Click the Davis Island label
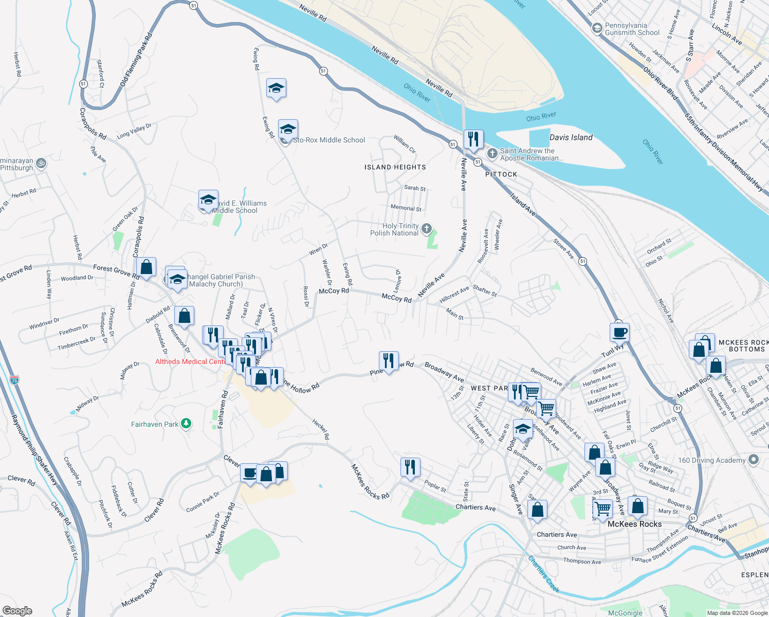pos(571,137)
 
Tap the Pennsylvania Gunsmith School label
pos(632,29)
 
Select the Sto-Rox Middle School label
pos(329,140)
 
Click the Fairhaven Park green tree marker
pos(186,424)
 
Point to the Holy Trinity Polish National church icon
pos(426,229)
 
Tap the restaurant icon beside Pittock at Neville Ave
pos(473,139)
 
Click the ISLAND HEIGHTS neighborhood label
pos(395,167)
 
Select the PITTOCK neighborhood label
pos(501,174)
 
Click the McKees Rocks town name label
pos(634,524)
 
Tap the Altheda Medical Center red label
pos(190,361)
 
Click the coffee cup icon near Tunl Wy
pos(619,332)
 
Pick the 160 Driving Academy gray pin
pos(754,460)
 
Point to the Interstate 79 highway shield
pos(14,380)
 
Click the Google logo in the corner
pos(17,610)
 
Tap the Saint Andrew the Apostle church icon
pos(492,153)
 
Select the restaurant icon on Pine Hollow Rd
pos(389,361)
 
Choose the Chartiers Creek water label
pos(543,574)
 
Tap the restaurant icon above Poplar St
pos(410,467)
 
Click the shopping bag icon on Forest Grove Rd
pos(146,267)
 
